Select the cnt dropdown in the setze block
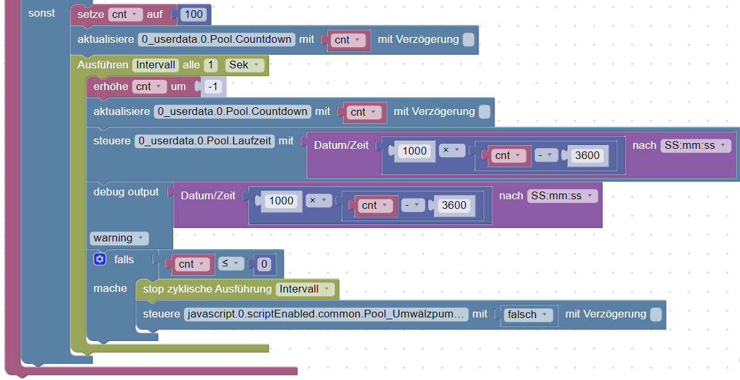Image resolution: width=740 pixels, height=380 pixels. [x=125, y=14]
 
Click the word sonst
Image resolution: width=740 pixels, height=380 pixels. [x=42, y=13]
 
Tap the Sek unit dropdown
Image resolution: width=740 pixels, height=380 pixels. [x=244, y=65]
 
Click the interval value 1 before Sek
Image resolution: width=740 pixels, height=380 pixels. [x=211, y=65]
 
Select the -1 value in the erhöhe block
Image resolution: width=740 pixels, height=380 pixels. [x=213, y=86]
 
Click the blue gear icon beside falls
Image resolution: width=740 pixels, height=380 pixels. [x=99, y=259]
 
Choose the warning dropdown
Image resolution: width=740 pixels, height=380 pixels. [x=119, y=238]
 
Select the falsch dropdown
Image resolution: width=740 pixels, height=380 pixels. [x=528, y=314]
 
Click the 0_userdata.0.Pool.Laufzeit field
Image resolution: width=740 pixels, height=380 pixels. [x=204, y=141]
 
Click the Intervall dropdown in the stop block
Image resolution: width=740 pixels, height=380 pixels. [x=305, y=289]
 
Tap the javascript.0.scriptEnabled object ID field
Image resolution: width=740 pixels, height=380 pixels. [x=325, y=314]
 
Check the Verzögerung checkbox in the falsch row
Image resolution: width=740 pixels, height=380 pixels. [x=656, y=314]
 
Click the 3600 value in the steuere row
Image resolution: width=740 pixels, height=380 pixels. [x=587, y=155]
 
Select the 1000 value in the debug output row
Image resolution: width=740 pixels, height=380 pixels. [x=281, y=201]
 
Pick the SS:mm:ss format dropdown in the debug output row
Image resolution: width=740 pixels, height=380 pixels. [x=562, y=195]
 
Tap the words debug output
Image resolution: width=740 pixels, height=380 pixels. [x=126, y=192]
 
